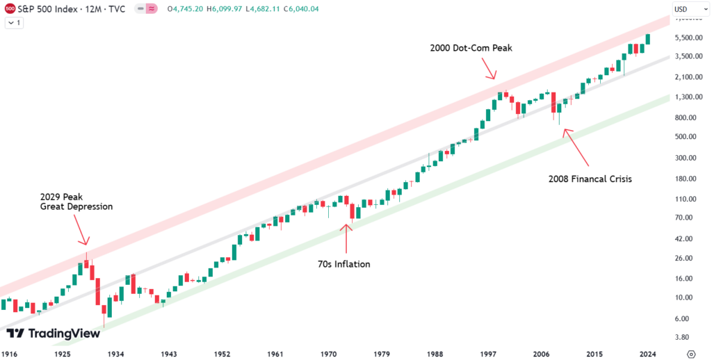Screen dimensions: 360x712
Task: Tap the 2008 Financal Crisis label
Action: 590,179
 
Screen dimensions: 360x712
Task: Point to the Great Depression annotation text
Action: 76,206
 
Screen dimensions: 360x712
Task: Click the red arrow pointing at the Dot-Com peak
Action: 490,70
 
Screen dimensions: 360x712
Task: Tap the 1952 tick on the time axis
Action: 222,354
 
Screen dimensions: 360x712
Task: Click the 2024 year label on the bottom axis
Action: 649,354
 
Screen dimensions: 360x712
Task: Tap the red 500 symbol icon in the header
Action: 10,9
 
